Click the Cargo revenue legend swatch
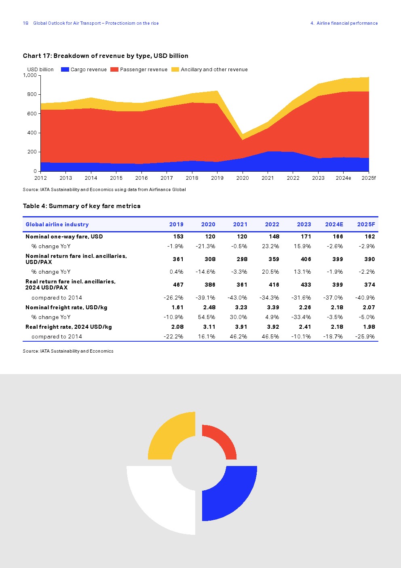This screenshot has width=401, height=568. click(x=65, y=70)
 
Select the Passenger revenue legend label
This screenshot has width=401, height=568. click(x=144, y=70)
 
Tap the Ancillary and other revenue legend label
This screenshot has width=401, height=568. click(x=214, y=70)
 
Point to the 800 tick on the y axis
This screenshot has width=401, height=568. click(x=32, y=94)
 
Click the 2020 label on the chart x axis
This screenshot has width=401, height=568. click(x=243, y=178)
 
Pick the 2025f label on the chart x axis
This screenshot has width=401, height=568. click(x=368, y=178)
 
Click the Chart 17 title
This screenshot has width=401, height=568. click(x=106, y=56)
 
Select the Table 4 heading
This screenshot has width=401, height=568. click(x=82, y=206)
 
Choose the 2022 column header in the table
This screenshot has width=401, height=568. click(x=272, y=224)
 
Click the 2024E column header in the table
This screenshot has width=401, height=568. click(x=334, y=224)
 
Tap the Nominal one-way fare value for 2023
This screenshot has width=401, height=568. click(x=306, y=236)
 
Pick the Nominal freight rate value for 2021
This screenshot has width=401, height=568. click(x=241, y=307)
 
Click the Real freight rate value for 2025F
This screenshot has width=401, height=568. click(x=369, y=327)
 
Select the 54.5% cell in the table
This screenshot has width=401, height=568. click(x=206, y=317)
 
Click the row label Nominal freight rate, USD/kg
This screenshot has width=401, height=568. click(x=66, y=307)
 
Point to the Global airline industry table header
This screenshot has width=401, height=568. click(x=57, y=224)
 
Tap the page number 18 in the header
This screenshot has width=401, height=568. click(x=25, y=23)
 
